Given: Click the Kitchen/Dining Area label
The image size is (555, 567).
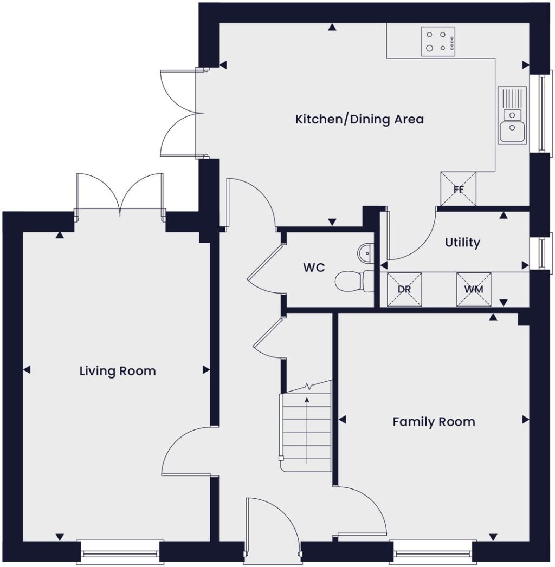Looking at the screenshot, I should pyautogui.click(x=359, y=119).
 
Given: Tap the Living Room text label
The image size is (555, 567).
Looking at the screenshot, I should pyautogui.click(x=118, y=371).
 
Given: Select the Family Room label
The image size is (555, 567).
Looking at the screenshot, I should pyautogui.click(x=434, y=421).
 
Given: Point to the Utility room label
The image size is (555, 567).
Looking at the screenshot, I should pyautogui.click(x=462, y=243).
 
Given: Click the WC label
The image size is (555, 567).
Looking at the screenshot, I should pyautogui.click(x=314, y=268).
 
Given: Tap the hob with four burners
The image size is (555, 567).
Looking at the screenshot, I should pyautogui.click(x=438, y=41).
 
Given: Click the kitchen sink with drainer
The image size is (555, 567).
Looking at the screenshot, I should pyautogui.click(x=512, y=115).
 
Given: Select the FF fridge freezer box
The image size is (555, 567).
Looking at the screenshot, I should pyautogui.click(x=458, y=189).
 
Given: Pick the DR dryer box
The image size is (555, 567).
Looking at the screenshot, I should pyautogui.click(x=404, y=289).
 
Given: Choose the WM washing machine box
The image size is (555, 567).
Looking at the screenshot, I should pyautogui.click(x=473, y=289).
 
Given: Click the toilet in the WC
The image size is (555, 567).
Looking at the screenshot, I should pyautogui.click(x=351, y=281).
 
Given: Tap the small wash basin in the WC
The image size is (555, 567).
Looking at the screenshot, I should pyautogui.click(x=366, y=251).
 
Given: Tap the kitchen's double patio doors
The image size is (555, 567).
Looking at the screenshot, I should pyautogui.click(x=180, y=114).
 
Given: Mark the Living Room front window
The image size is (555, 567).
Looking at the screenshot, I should pyautogui.click(x=120, y=552).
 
